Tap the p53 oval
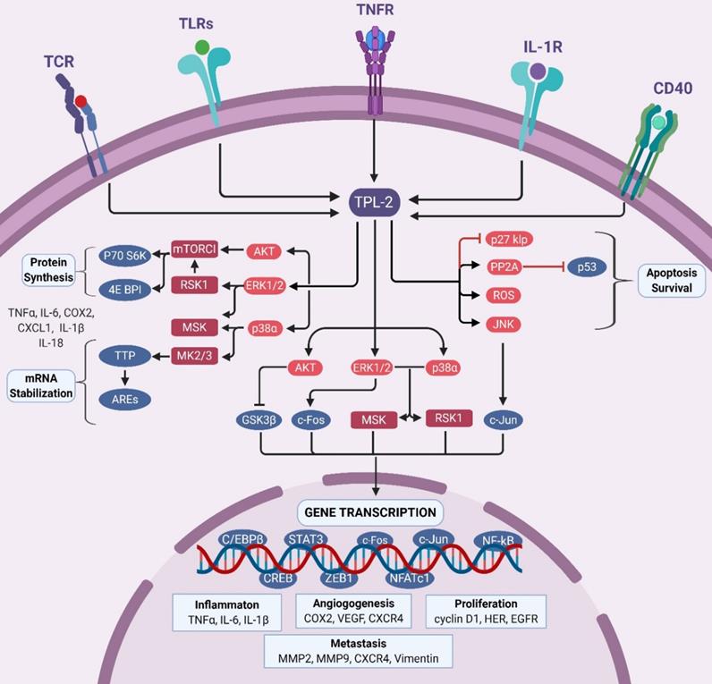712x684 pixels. pyautogui.click(x=586, y=267)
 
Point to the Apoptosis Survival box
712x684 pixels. pyautogui.click(x=670, y=279)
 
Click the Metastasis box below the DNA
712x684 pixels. pyautogui.click(x=358, y=651)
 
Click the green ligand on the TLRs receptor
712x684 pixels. pyautogui.click(x=203, y=46)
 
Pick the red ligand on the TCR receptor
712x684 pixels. pyautogui.click(x=81, y=101)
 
